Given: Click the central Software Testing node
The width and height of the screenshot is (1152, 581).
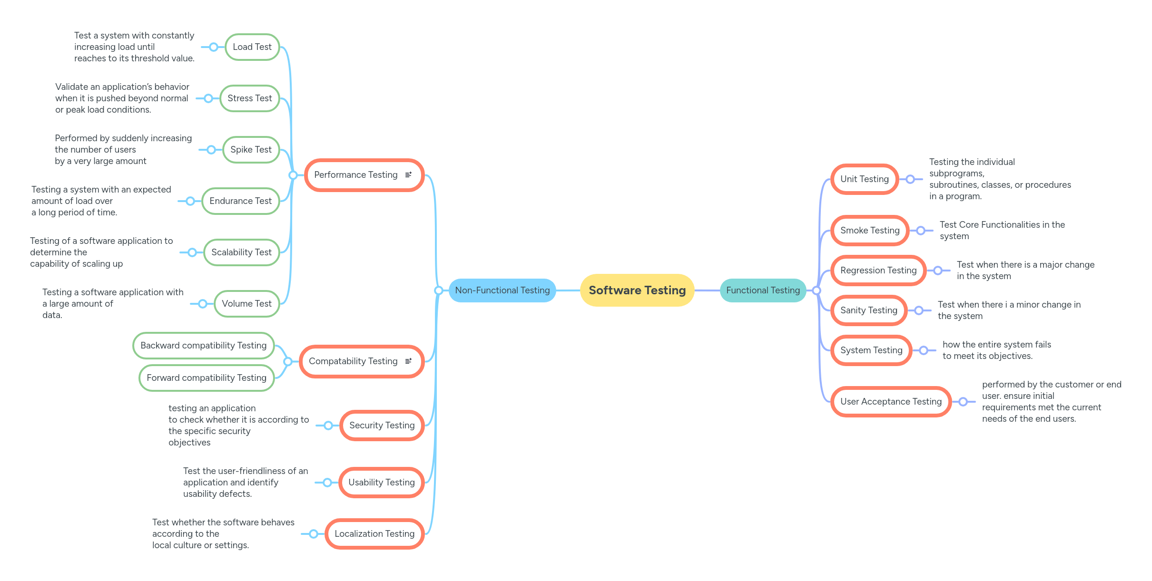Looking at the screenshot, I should [x=637, y=290].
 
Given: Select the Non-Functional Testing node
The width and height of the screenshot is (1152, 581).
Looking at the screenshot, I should [x=502, y=290].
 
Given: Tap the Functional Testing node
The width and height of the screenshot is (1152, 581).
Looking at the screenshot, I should [x=763, y=290].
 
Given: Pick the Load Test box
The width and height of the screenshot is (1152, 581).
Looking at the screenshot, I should [x=252, y=47].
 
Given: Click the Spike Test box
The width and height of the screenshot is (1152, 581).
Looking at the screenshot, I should [x=251, y=150].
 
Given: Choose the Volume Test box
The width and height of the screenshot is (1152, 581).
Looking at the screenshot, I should [x=246, y=304].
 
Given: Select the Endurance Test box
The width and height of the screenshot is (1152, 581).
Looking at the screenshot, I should [x=240, y=201].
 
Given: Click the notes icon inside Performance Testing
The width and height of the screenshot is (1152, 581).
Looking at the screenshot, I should [x=408, y=175].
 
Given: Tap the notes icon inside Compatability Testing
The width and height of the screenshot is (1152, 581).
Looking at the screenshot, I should [x=408, y=361].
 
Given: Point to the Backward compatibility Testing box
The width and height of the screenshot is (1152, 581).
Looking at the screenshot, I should [x=203, y=346].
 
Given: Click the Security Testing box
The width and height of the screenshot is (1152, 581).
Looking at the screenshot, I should [x=382, y=426].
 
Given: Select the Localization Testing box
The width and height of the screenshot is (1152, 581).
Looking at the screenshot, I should [x=374, y=534].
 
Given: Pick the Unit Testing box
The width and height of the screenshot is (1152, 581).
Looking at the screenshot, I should [x=864, y=179].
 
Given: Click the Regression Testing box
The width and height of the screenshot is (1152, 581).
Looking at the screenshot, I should [x=878, y=271].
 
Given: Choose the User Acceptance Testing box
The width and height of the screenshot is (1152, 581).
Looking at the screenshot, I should [x=891, y=402].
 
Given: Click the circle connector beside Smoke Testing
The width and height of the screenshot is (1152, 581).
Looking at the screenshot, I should [x=921, y=231].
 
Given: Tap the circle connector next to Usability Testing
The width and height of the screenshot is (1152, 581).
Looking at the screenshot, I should [x=327, y=483].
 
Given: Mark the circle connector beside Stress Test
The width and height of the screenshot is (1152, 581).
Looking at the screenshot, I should [x=208, y=98].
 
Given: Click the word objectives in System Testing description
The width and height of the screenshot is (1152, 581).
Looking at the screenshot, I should [x=1010, y=356].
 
